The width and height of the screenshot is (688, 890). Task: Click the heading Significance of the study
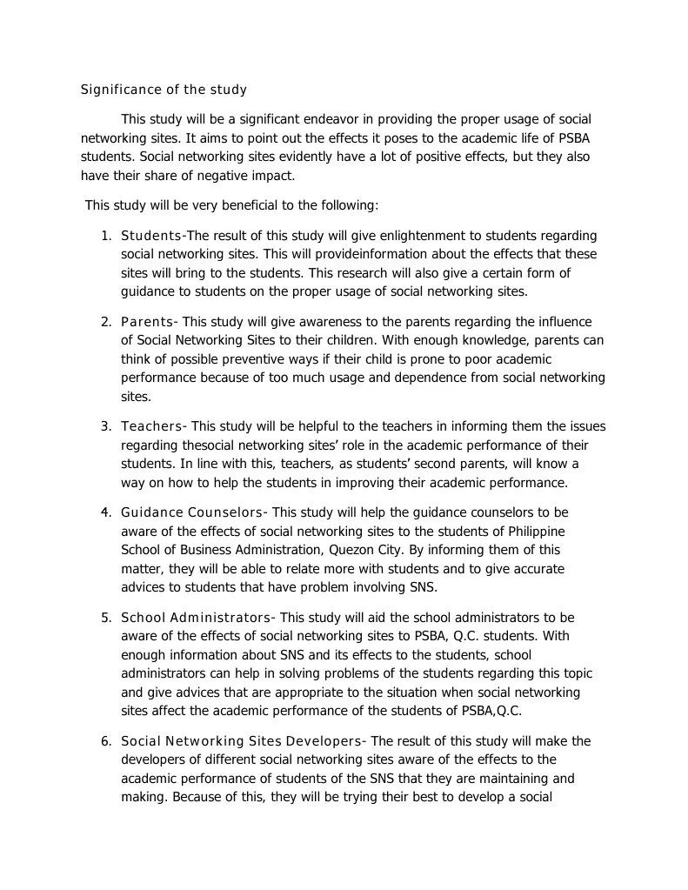point(164,90)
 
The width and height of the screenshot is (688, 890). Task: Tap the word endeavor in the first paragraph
point(337,118)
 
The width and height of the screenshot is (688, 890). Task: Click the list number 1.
point(105,236)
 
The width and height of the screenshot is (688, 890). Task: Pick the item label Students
point(151,236)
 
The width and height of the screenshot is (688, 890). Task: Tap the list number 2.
point(105,322)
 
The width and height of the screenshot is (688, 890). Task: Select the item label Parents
point(147,322)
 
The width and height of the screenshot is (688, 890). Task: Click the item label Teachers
point(152,426)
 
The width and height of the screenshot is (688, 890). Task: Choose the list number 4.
point(105,512)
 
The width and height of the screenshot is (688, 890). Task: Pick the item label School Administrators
point(196,618)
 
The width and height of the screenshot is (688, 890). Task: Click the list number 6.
point(105,741)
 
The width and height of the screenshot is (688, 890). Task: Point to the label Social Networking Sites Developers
point(241,741)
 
